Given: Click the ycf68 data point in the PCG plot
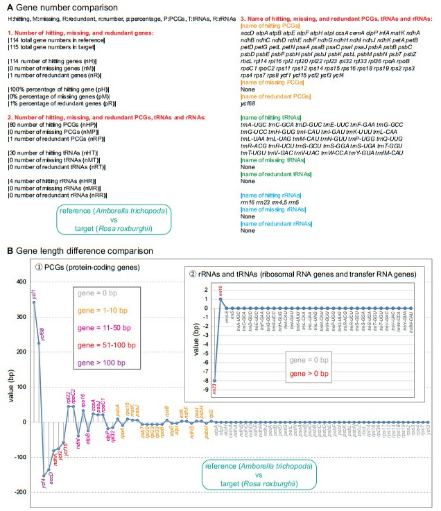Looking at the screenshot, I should (39, 343).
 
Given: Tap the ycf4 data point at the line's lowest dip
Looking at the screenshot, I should (44, 476).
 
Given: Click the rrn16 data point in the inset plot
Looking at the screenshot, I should (221, 299).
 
